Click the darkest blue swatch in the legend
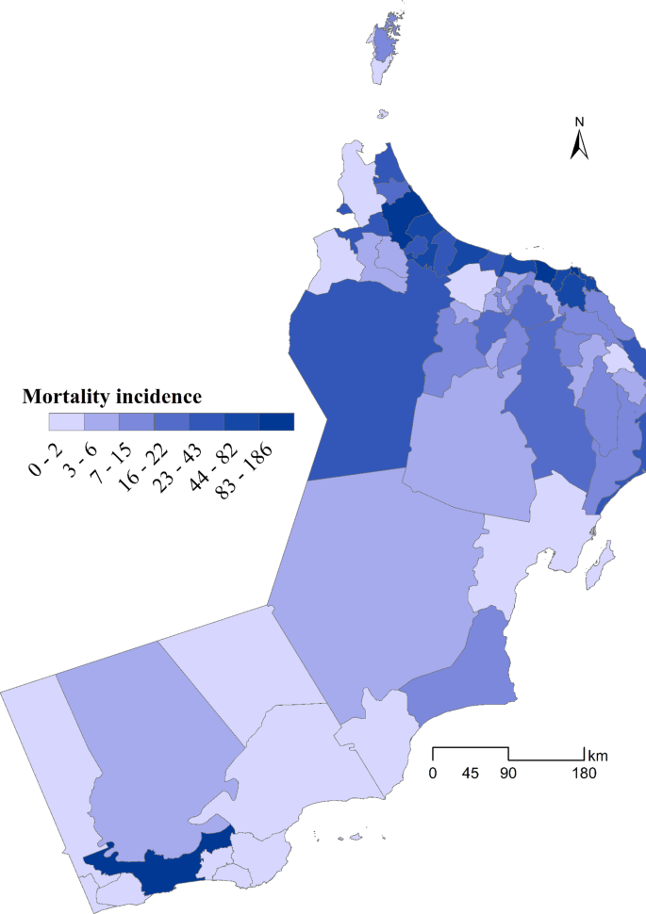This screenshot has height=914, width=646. pos(276,421)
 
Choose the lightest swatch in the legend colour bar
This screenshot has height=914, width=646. pos(66,421)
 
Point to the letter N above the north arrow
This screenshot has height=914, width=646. pos(581,122)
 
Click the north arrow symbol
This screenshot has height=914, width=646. pos(581,144)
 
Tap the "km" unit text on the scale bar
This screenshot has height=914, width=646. pos(597,756)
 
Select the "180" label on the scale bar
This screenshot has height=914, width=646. pos(583,775)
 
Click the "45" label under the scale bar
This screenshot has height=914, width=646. pos(471,775)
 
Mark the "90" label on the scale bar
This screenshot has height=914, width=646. pos(508,775)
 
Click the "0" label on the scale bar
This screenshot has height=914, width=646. pos(433,775)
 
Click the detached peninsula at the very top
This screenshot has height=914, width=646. pos(382,47)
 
